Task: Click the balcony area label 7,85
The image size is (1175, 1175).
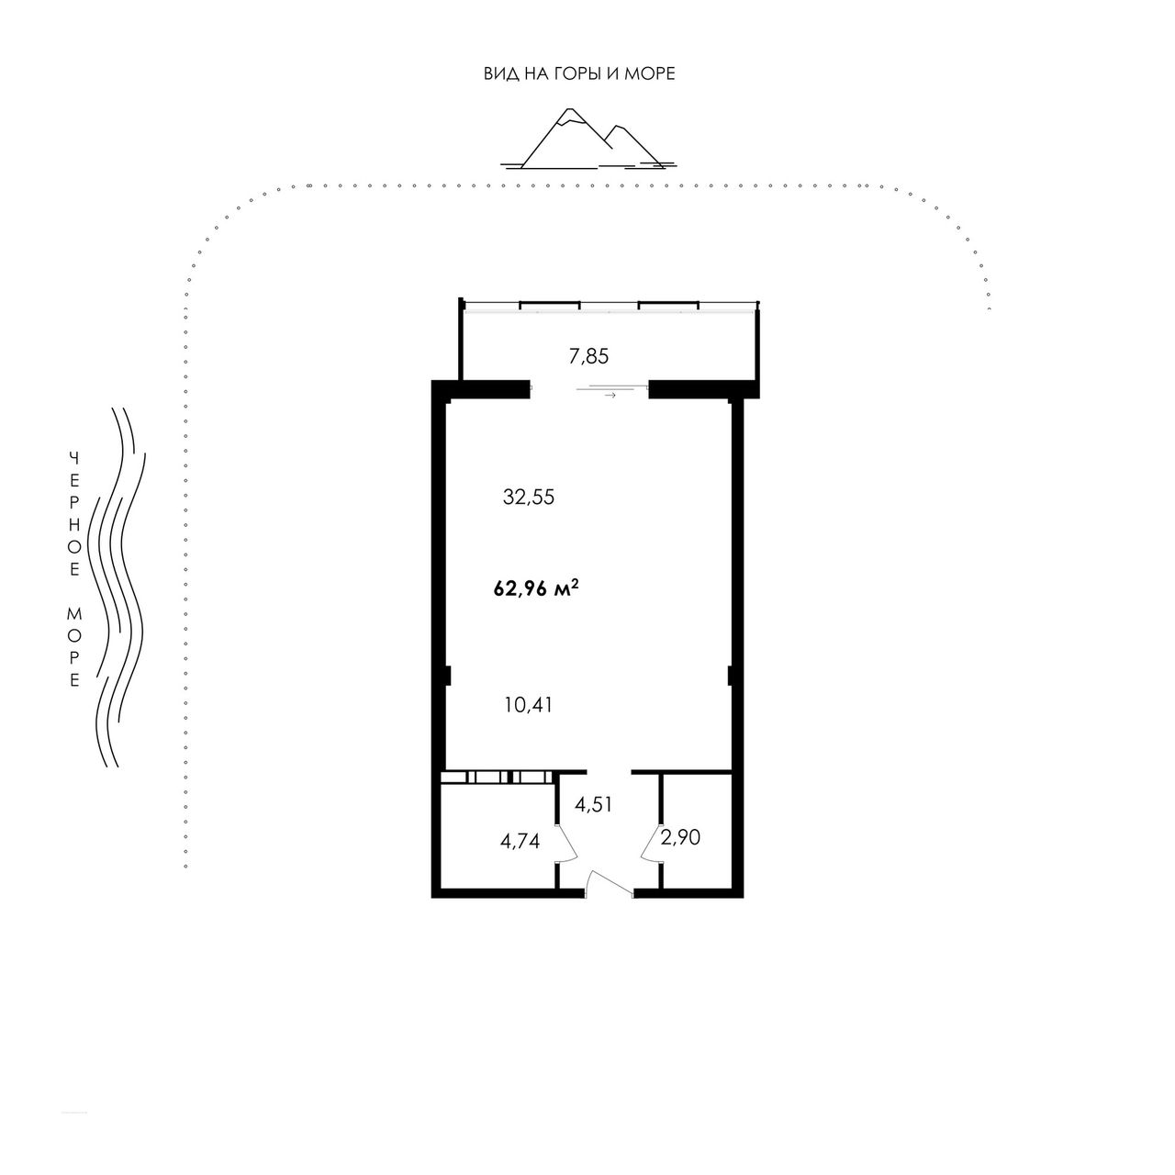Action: click(588, 357)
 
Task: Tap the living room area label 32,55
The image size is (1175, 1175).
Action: click(529, 498)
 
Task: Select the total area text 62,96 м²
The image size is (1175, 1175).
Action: click(536, 589)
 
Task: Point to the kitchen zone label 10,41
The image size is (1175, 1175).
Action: click(529, 706)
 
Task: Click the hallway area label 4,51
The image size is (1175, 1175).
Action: click(593, 805)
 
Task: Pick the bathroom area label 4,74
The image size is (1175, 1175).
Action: click(520, 842)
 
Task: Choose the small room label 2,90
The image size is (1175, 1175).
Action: click(680, 838)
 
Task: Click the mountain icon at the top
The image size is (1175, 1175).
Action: click(587, 139)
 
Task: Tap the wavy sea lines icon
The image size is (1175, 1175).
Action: click(117, 587)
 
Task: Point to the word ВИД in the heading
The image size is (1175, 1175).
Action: click(497, 73)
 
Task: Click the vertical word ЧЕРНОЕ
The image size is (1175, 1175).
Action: click(74, 514)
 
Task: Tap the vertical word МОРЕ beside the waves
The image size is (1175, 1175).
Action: click(74, 647)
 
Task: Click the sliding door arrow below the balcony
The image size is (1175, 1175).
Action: click(610, 395)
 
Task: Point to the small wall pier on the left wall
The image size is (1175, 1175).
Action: click(447, 676)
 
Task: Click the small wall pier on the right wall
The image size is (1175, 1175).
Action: click(730, 676)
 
